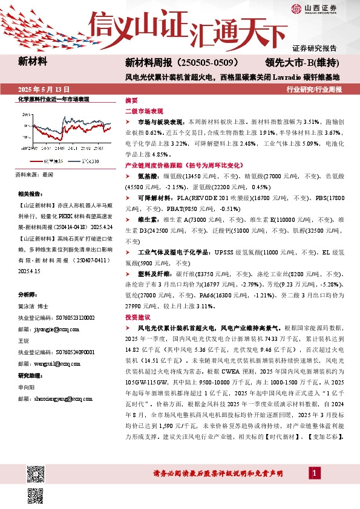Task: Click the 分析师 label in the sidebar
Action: [28, 294]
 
